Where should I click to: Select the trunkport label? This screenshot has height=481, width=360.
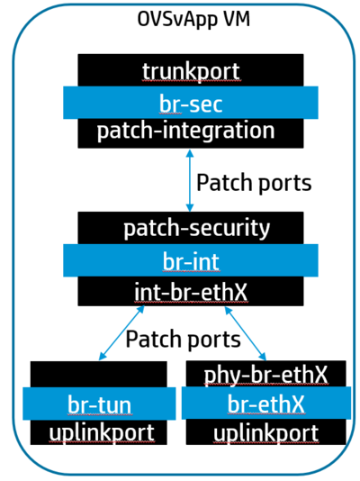[190, 70]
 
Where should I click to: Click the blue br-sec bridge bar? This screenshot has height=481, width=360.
[190, 103]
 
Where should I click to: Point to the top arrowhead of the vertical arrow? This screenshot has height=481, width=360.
[189, 154]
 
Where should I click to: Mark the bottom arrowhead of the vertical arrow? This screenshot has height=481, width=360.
[189, 207]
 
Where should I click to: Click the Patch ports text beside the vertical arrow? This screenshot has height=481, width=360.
[254, 183]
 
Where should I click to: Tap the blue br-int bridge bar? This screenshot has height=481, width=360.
[190, 260]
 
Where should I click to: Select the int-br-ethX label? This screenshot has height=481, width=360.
[190, 290]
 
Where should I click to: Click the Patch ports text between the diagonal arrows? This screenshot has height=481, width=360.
[183, 339]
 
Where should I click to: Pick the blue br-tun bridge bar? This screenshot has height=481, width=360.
[98, 403]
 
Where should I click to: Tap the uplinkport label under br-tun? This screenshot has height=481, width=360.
[99, 432]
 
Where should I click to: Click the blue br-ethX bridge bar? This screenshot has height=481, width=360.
[265, 403]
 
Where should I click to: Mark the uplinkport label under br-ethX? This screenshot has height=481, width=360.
[265, 433]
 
